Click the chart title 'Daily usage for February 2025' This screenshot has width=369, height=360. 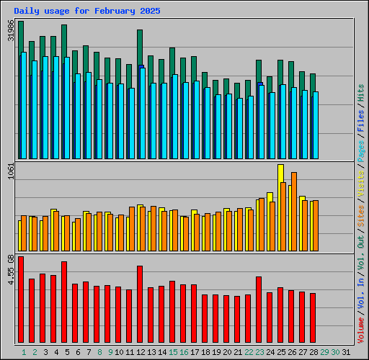(87, 12)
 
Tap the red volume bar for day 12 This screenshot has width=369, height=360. (140, 305)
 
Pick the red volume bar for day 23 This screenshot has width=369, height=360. (259, 310)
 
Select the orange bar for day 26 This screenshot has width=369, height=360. (294, 212)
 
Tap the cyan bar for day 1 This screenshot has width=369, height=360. (24, 105)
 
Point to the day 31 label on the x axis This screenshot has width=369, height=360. (347, 352)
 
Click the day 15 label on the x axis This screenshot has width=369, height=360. (173, 352)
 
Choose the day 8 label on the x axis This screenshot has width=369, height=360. (99, 352)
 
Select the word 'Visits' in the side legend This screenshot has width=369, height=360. (361, 185)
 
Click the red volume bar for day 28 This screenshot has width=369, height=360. (313, 318)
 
